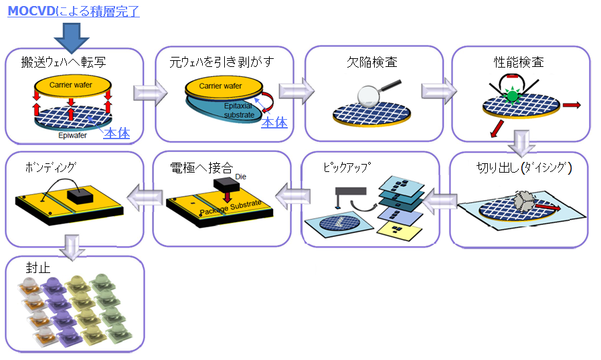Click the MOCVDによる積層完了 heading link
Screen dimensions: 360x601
(74, 11)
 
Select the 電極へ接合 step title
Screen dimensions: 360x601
(201, 167)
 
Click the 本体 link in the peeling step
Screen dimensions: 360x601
(274, 122)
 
